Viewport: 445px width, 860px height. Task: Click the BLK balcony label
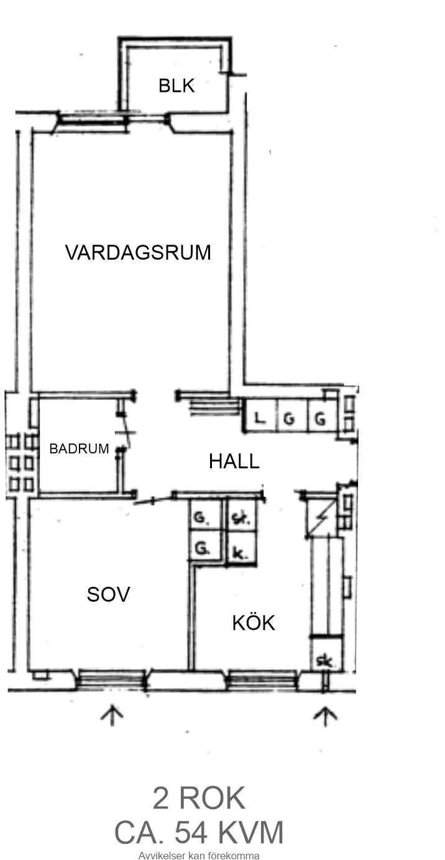pyautogui.click(x=177, y=86)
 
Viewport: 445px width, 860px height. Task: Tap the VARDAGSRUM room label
pyautogui.click(x=138, y=253)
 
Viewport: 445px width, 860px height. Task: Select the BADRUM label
pyautogui.click(x=79, y=448)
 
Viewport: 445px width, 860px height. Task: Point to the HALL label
pyautogui.click(x=234, y=461)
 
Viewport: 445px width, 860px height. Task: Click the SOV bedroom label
pyautogui.click(x=108, y=595)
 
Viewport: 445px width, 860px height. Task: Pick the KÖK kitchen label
pyautogui.click(x=254, y=623)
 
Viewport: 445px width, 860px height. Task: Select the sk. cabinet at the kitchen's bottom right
pyautogui.click(x=324, y=662)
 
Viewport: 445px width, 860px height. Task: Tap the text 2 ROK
pyautogui.click(x=199, y=799)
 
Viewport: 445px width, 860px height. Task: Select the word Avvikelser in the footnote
pyautogui.click(x=160, y=855)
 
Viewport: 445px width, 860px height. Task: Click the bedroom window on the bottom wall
pyautogui.click(x=112, y=680)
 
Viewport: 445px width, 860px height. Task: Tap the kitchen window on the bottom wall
pyautogui.click(x=262, y=681)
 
